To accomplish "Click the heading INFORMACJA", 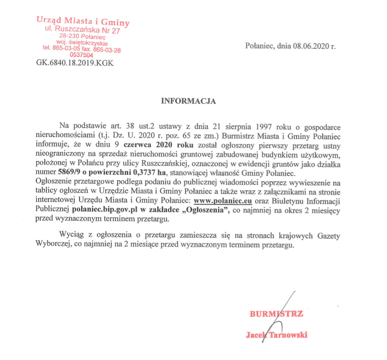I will pyautogui.click(x=188, y=101).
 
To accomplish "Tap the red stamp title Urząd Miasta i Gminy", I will pyautogui.click(x=83, y=22).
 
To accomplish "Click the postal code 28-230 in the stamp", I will pyautogui.click(x=70, y=37).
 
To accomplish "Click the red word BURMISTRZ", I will pyautogui.click(x=277, y=314).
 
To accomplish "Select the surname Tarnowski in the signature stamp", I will pyautogui.click(x=288, y=335).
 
